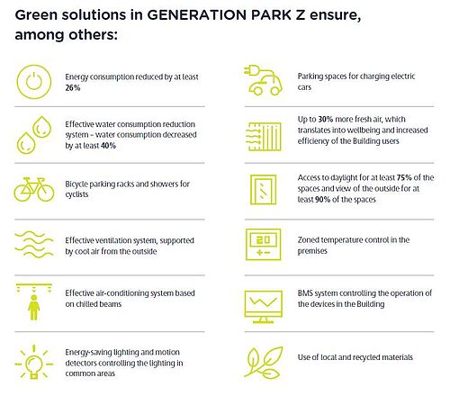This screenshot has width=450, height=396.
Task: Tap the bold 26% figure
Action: (73, 88)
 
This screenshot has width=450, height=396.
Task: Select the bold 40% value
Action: (108, 146)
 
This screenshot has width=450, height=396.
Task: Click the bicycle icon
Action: (34, 189)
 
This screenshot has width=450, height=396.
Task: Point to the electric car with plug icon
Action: (263, 80)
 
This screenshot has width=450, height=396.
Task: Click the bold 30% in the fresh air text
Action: (326, 120)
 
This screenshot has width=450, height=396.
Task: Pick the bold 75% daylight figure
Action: (404, 177)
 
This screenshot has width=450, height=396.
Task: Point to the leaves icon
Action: (264, 363)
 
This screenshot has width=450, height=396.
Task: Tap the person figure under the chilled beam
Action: (34, 308)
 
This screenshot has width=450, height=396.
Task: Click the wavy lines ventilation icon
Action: (34, 244)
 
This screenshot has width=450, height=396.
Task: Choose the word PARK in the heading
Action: (271, 15)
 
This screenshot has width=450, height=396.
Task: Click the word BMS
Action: (305, 293)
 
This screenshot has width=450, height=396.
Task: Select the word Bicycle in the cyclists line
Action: (76, 184)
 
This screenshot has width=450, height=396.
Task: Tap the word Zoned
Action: (308, 240)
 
